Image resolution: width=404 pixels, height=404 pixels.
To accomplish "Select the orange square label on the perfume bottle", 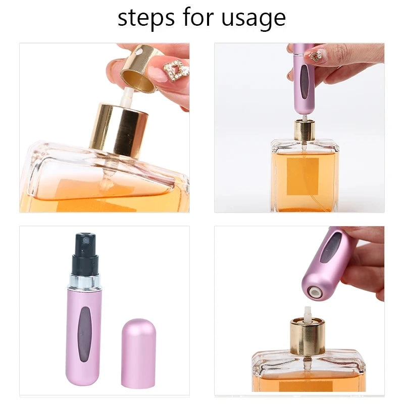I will [x=302, y=176].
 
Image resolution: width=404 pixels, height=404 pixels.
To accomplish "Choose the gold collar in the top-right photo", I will [x=305, y=130].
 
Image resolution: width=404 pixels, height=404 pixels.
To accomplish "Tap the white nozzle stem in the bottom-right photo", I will [x=308, y=312].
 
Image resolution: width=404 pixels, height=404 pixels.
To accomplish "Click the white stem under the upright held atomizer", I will [x=305, y=118].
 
